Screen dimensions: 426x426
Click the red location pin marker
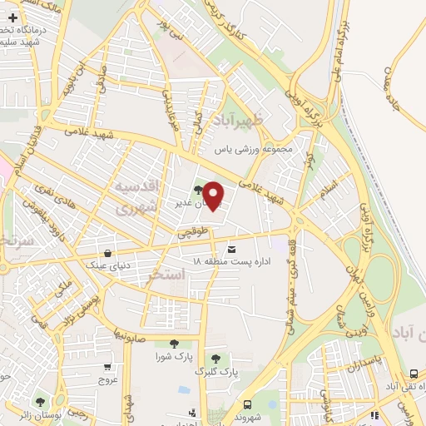(x=214, y=196)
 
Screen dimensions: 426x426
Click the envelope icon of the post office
(x=230, y=249)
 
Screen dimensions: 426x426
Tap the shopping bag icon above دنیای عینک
(x=107, y=254)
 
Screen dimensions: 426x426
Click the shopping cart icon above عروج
(x=107, y=366)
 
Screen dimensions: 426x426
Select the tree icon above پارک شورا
(x=174, y=344)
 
